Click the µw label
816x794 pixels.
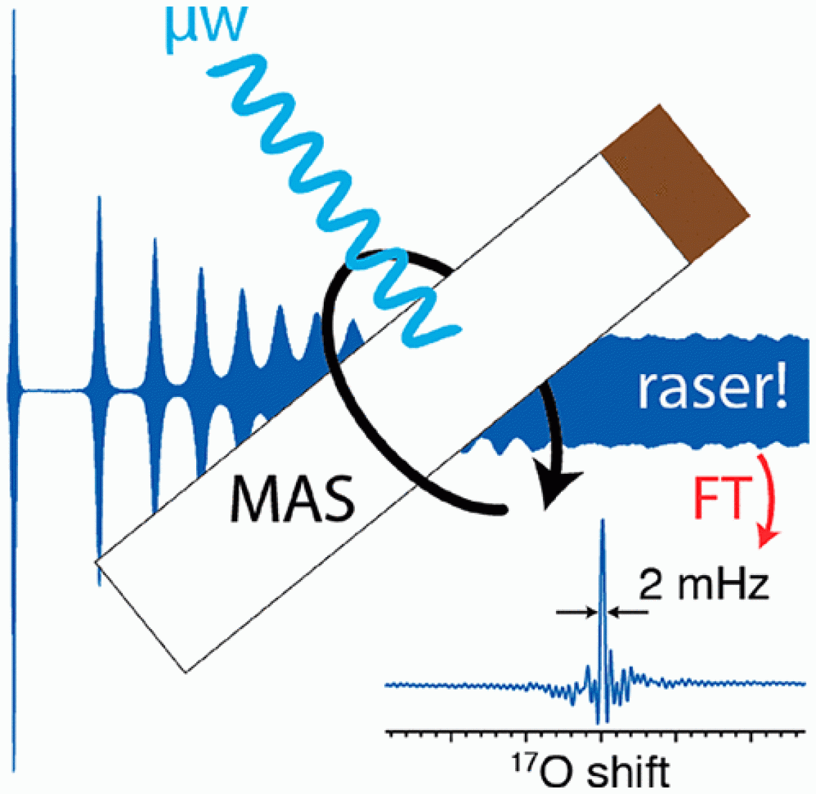tap(205, 25)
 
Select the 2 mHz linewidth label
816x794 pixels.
tap(703, 585)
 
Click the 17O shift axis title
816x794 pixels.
tap(588, 771)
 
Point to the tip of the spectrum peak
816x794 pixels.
tap(602, 521)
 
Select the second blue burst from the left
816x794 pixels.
tap(100, 388)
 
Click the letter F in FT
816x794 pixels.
tap(703, 499)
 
